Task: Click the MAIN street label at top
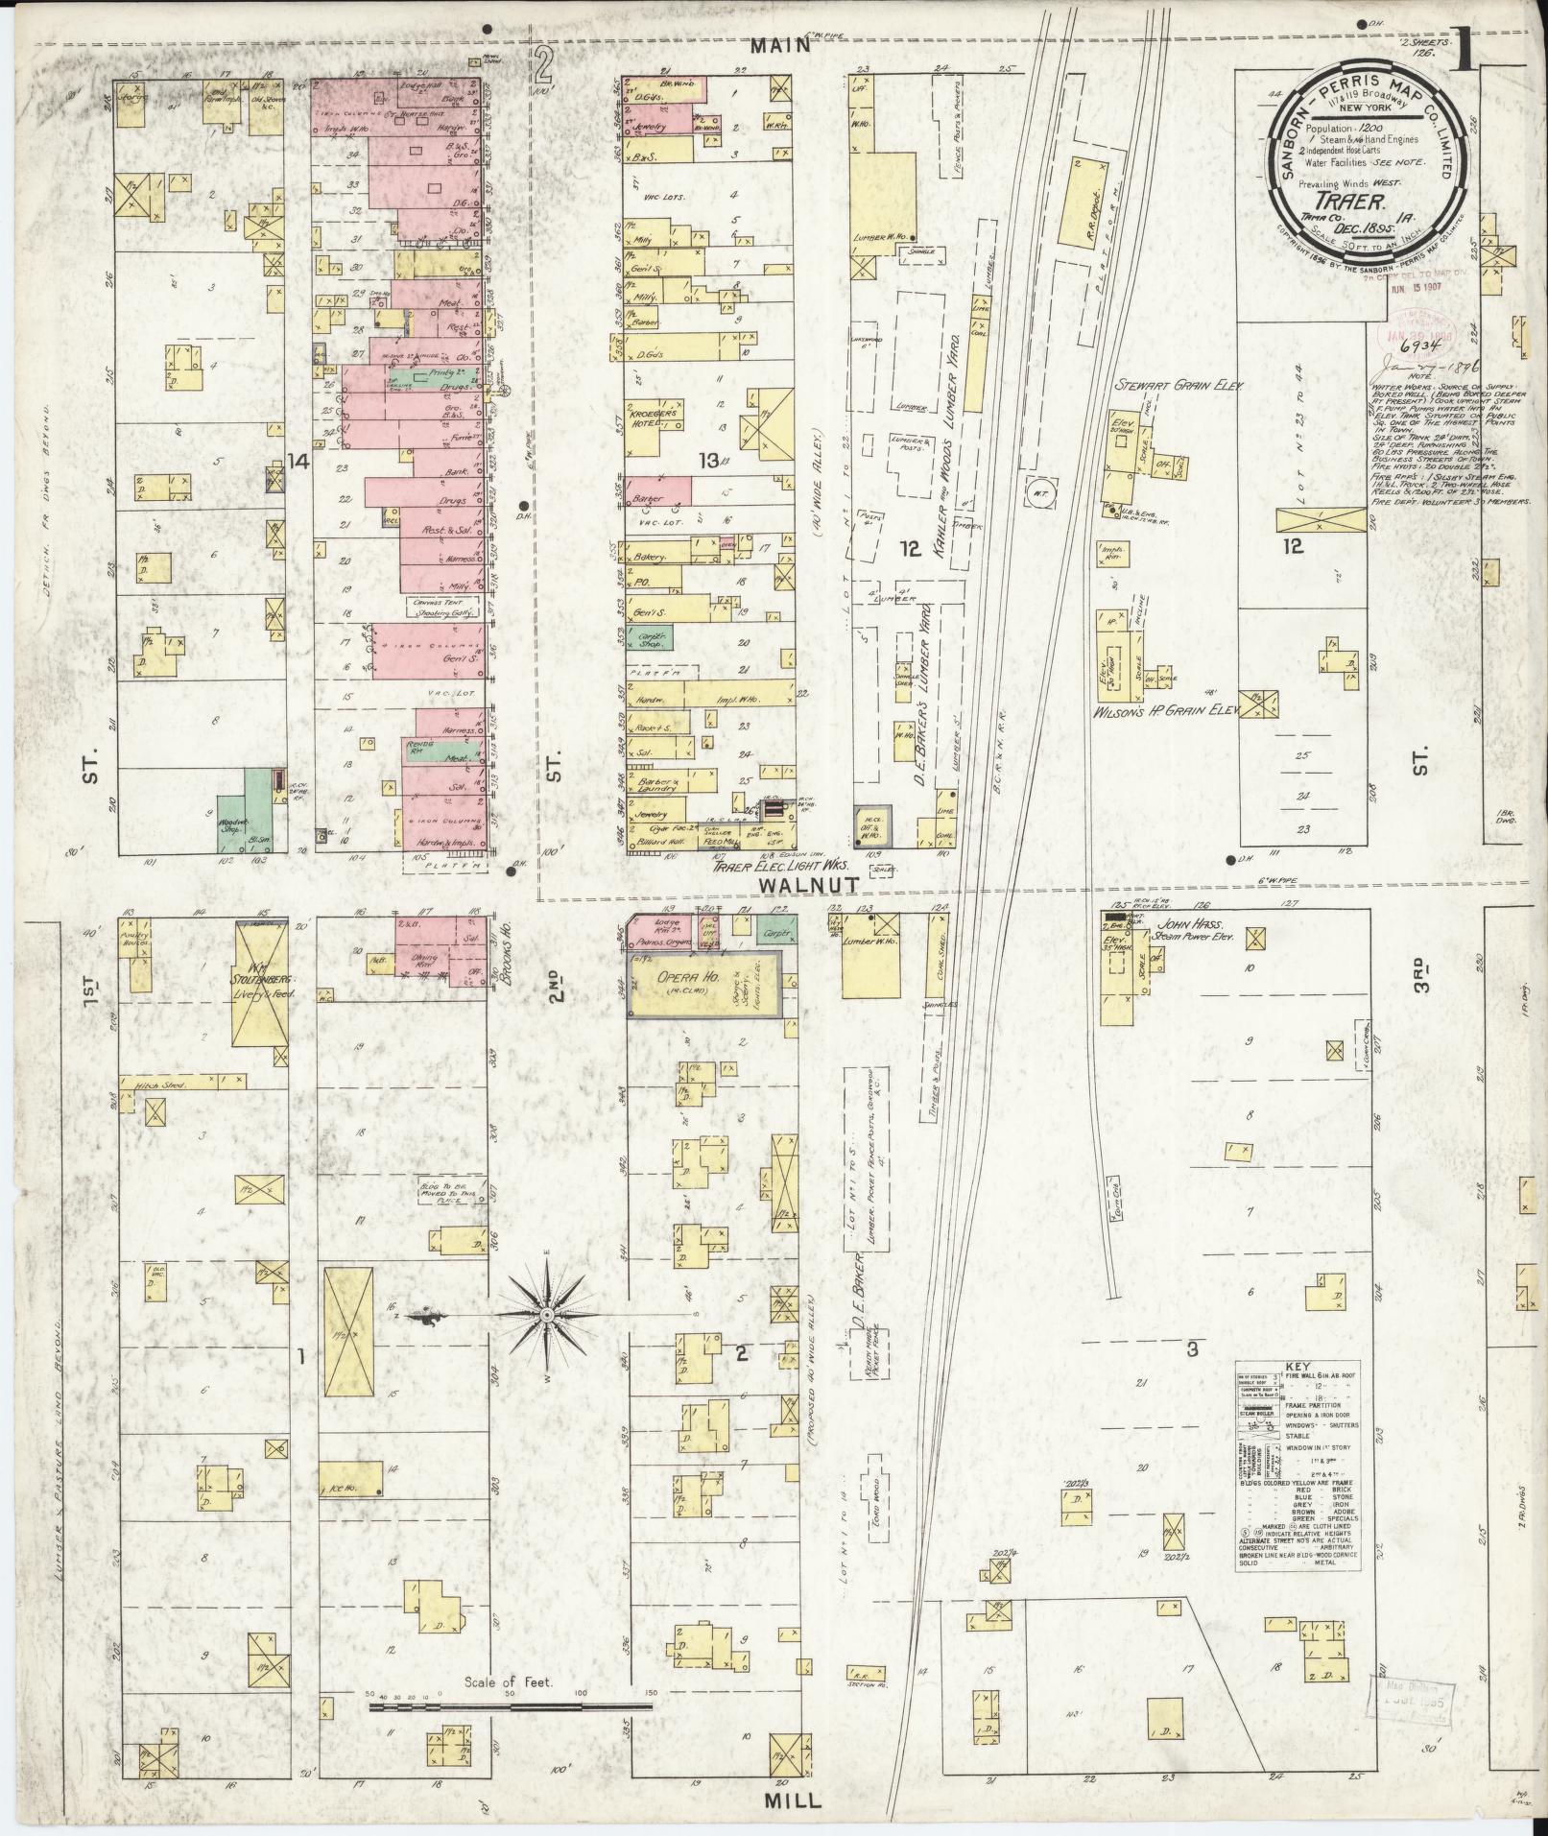(x=798, y=45)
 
